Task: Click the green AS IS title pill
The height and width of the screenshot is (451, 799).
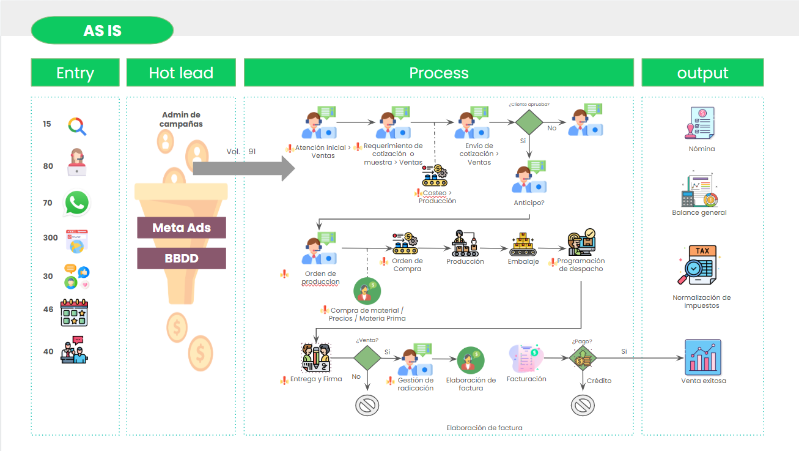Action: [x=102, y=31]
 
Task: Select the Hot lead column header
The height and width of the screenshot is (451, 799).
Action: [x=181, y=72]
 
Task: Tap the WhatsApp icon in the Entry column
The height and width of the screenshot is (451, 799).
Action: [x=76, y=203]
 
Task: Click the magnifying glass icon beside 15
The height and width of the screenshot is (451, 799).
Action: [x=77, y=126]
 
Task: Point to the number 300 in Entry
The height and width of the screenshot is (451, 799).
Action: [x=50, y=238]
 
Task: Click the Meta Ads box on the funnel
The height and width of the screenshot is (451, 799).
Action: [x=182, y=228]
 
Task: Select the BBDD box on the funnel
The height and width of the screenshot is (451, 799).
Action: [x=182, y=258]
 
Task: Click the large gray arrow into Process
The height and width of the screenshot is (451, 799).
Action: [x=244, y=168]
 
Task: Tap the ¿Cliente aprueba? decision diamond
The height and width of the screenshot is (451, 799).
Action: [x=529, y=122]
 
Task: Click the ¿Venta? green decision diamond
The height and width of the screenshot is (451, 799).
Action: [x=367, y=358]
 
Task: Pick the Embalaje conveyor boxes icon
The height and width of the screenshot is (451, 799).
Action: [x=523, y=244]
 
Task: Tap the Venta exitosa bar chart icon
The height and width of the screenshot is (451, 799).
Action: [x=702, y=357]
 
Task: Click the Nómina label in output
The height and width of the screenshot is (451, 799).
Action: [x=702, y=149]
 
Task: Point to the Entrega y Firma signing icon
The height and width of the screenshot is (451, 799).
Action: [x=316, y=358]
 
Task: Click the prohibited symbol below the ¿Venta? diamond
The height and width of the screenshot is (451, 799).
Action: [x=367, y=405]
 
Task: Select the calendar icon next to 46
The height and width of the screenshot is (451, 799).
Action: [x=74, y=313]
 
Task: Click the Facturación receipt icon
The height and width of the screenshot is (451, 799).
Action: [x=526, y=359]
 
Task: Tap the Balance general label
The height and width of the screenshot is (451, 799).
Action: [x=699, y=212]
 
